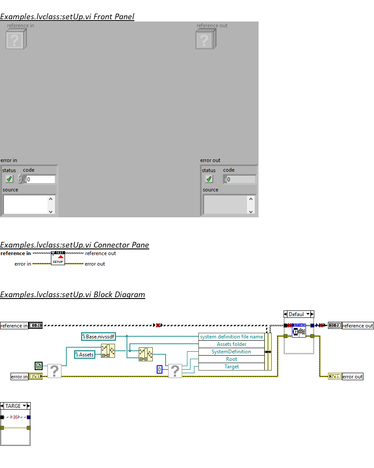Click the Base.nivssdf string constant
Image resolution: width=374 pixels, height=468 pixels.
pyautogui.click(x=98, y=337)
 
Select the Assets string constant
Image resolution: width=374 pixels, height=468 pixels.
pyautogui.click(x=85, y=354)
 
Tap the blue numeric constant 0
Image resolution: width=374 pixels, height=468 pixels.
pyautogui.click(x=160, y=370)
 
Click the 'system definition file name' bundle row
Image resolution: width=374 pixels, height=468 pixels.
pyautogui.click(x=231, y=337)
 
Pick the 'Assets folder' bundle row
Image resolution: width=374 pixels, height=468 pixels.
pyautogui.click(x=231, y=344)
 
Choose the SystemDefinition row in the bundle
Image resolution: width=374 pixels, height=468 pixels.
pyautogui.click(x=231, y=352)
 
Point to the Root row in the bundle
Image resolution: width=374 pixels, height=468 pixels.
pyautogui.click(x=231, y=359)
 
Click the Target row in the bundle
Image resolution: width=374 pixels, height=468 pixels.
pyautogui.click(x=231, y=367)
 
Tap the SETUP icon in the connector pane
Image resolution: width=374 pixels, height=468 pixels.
pyautogui.click(x=58, y=258)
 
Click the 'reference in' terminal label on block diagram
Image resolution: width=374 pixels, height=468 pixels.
pyautogui.click(x=14, y=326)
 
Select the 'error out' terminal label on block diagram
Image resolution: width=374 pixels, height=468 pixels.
pyautogui.click(x=352, y=377)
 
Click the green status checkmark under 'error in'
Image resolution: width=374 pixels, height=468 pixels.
pyautogui.click(x=9, y=179)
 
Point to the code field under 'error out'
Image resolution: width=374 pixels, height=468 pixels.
pyautogui.click(x=240, y=179)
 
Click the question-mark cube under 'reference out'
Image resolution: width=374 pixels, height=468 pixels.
pyautogui.click(x=204, y=40)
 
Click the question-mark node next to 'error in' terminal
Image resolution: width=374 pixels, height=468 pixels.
pyautogui.click(x=54, y=371)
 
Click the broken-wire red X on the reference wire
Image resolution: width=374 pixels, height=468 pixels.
pyautogui.click(x=158, y=325)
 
